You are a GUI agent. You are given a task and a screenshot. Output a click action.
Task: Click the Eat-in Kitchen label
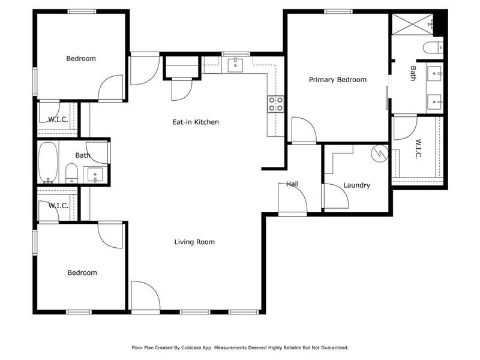click(196, 122)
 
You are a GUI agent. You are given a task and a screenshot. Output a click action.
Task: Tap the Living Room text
click(194, 242)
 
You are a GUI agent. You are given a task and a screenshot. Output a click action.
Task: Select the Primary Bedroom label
click(337, 80)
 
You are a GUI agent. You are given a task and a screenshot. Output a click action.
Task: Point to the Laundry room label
click(356, 185)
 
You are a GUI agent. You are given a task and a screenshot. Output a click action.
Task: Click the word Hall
click(292, 184)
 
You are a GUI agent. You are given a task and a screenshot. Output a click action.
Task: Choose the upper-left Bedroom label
click(81, 58)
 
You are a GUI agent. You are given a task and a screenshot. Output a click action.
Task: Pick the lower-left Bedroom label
click(82, 272)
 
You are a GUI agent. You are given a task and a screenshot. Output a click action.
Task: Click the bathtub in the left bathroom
click(48, 163)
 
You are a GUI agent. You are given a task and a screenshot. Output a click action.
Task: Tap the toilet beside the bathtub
click(71, 172)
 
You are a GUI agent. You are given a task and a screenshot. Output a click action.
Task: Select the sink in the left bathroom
click(95, 175)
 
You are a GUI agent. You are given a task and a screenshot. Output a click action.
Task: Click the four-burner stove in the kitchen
click(275, 104)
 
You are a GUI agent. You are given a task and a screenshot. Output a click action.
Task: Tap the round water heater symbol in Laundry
click(379, 153)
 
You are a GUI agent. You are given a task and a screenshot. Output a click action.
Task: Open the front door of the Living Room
click(145, 296)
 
